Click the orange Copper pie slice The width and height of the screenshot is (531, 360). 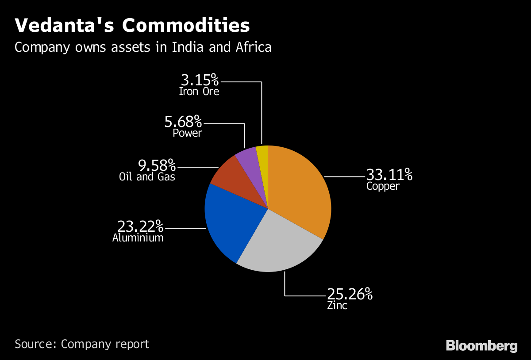[301, 190]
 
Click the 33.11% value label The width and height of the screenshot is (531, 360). [389, 175]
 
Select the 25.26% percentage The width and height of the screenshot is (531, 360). [350, 294]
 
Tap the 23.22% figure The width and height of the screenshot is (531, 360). [140, 226]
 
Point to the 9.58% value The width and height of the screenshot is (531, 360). [157, 166]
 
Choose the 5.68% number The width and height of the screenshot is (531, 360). [183, 121]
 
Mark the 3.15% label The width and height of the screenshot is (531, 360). [200, 80]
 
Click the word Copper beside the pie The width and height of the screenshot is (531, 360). [383, 186]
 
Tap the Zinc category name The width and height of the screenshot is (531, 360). [337, 306]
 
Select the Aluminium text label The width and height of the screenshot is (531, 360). [138, 238]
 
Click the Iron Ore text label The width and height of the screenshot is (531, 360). [199, 92]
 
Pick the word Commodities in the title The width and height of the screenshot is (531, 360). [186, 26]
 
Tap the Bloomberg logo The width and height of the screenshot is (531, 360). [481, 345]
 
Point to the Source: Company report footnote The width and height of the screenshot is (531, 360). [82, 344]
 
